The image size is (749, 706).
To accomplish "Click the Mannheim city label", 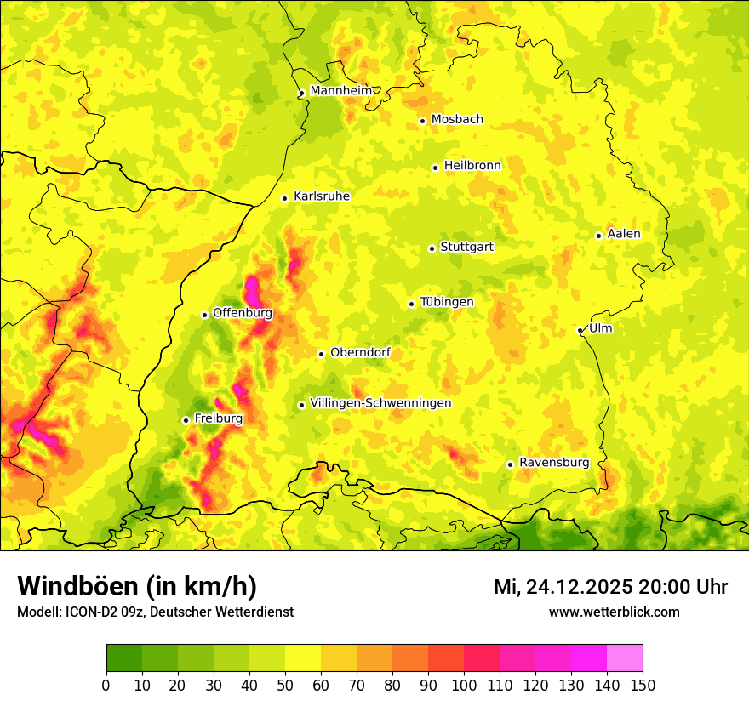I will (x=340, y=91).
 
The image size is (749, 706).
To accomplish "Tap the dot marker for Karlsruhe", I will (x=285, y=198).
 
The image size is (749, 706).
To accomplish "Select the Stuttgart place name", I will (x=466, y=248).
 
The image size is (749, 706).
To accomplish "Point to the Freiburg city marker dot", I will (x=186, y=420).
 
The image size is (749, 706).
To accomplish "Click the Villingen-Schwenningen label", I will (x=380, y=403).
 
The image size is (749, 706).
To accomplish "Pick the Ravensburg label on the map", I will (x=553, y=463).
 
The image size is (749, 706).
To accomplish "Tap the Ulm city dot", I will (x=580, y=330).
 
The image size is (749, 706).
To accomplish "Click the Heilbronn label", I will (x=472, y=166).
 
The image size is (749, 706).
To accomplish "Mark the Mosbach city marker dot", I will (x=422, y=121).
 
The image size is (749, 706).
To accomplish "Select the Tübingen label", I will (x=446, y=302).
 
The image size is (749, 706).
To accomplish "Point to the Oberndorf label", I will (x=360, y=352).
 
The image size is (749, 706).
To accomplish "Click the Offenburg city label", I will (x=243, y=313).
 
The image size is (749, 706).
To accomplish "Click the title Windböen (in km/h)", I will (x=136, y=586).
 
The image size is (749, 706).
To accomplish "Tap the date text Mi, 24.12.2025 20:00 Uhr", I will (x=610, y=587).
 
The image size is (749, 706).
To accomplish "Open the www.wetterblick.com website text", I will (x=614, y=612).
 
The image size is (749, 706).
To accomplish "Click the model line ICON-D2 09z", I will (x=155, y=612).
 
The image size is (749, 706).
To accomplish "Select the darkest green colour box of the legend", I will (x=124, y=658).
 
